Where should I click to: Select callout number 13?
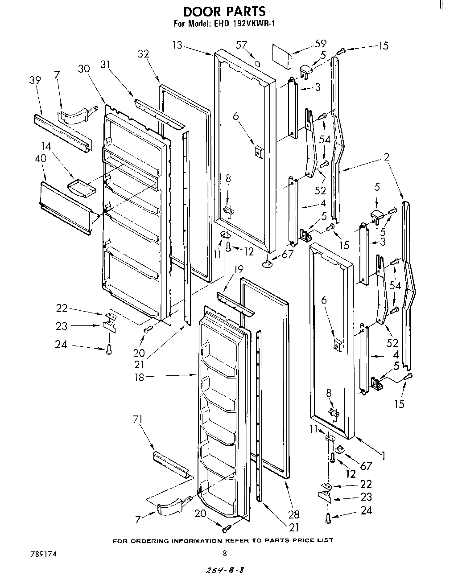[x=177, y=45]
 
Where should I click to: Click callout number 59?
[x=320, y=43]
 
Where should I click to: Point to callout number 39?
[x=35, y=80]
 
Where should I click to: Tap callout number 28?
[x=294, y=514]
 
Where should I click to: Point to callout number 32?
[x=144, y=53]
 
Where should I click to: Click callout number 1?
[x=382, y=455]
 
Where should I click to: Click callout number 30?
[x=84, y=69]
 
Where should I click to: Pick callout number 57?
[x=242, y=45]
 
